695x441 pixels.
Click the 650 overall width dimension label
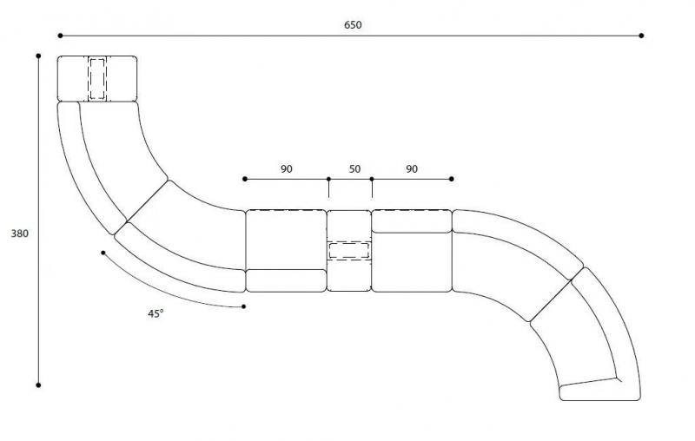pyautogui.click(x=353, y=25)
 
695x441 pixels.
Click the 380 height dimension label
pyautogui.click(x=19, y=234)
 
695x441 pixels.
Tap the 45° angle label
pyautogui.click(x=156, y=313)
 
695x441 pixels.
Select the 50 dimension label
pyautogui.click(x=354, y=168)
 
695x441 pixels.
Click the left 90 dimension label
pyautogui.click(x=287, y=168)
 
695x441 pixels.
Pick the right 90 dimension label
pyautogui.click(x=412, y=168)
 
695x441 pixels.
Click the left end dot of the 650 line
pyautogui.click(x=60, y=36)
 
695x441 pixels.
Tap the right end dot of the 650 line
pyautogui.click(x=641, y=36)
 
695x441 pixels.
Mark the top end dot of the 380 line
pyautogui.click(x=38, y=56)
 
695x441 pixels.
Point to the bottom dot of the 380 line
pyautogui.click(x=38, y=385)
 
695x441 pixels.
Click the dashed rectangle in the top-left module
pyautogui.click(x=97, y=79)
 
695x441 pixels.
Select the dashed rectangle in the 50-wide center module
pyautogui.click(x=349, y=251)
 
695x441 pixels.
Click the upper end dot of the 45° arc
pyautogui.click(x=103, y=253)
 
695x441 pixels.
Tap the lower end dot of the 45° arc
pyautogui.click(x=244, y=306)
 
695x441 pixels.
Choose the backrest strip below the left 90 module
pyautogui.click(x=287, y=280)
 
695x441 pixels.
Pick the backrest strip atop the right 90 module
pyautogui.click(x=412, y=221)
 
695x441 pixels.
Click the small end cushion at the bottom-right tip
pyautogui.click(x=599, y=390)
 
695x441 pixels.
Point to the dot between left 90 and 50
pyautogui.click(x=328, y=179)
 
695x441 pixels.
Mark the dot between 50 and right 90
pyautogui.click(x=372, y=179)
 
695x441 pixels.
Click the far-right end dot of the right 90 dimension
pyautogui.click(x=451, y=179)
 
